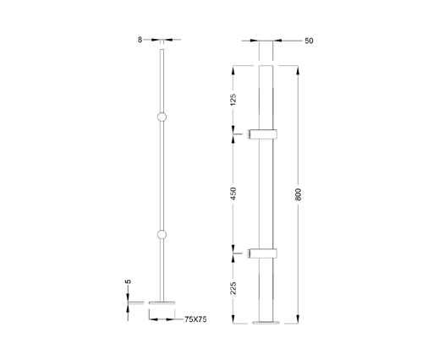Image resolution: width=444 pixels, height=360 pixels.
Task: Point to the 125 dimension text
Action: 233,98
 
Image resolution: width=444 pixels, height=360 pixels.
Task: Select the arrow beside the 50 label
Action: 281,39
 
